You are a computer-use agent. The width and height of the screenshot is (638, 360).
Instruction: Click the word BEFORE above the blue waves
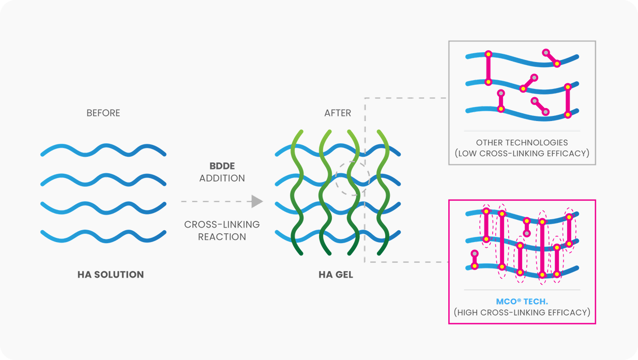click(x=103, y=113)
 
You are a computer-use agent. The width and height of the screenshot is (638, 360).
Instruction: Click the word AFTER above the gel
click(x=338, y=113)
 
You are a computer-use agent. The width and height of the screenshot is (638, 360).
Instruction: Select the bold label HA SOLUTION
click(x=111, y=275)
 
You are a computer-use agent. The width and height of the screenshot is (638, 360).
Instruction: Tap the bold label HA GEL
click(x=336, y=275)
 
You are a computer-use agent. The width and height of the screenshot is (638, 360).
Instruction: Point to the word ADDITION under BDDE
click(x=222, y=178)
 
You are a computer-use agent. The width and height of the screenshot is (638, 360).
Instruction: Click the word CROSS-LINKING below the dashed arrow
click(x=222, y=224)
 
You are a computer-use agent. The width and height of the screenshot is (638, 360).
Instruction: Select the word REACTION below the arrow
click(x=222, y=236)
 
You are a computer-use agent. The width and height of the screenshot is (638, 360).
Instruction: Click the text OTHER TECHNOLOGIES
click(x=522, y=142)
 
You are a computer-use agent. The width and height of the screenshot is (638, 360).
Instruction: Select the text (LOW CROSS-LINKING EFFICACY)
click(x=522, y=153)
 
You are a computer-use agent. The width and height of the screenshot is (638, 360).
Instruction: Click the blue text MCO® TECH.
click(x=522, y=302)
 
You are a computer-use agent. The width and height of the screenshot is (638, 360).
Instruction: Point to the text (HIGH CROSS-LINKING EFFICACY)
click(x=522, y=312)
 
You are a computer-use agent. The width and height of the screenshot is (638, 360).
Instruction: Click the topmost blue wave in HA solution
click(x=103, y=151)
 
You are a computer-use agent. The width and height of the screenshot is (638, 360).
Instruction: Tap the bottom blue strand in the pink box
click(x=517, y=271)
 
